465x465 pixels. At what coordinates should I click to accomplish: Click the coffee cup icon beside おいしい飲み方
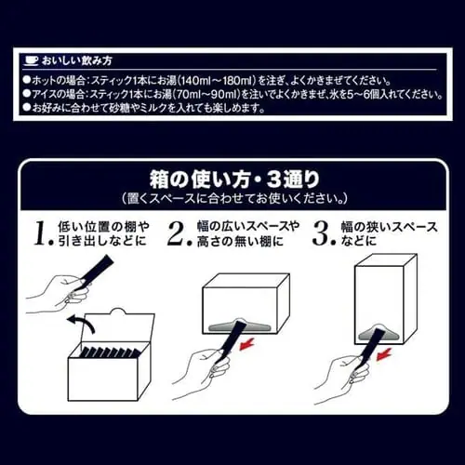pyautogui.click(x=32, y=60)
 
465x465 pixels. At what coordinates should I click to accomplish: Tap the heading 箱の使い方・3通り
pyautogui.click(x=234, y=179)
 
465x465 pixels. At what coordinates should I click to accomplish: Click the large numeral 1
pyautogui.click(x=44, y=233)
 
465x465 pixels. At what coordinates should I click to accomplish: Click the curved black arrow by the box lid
pyautogui.click(x=81, y=324)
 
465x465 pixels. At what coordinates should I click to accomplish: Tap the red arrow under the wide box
pyautogui.click(x=247, y=343)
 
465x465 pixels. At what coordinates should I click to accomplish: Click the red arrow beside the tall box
pyautogui.click(x=384, y=354)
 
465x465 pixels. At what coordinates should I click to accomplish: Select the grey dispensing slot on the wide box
pyautogui.click(x=239, y=325)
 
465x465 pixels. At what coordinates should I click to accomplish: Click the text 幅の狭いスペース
pyautogui.click(x=390, y=227)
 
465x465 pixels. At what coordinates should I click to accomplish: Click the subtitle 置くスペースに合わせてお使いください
pyautogui.click(x=234, y=198)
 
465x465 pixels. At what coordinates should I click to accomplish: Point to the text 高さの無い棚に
pyautogui.click(x=240, y=241)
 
